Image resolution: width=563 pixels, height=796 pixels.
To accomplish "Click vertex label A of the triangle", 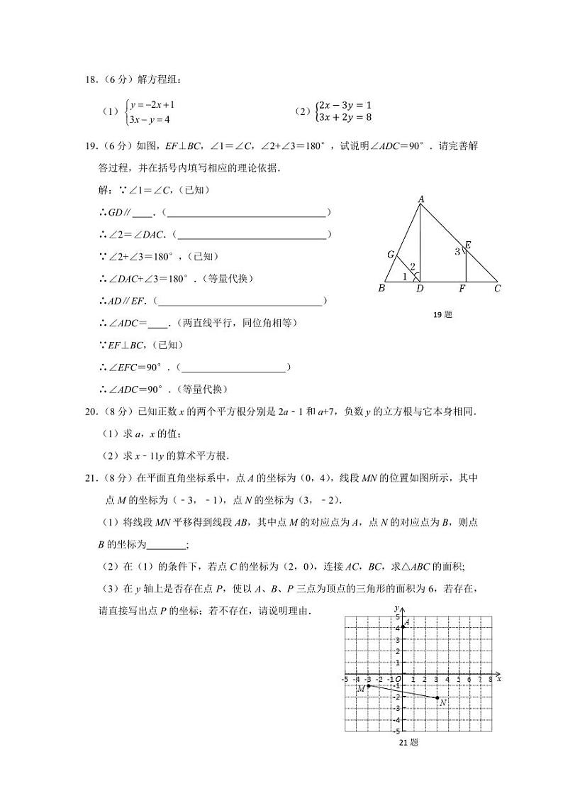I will pos(420,200).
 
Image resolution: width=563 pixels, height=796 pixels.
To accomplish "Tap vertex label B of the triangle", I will pos(381,289).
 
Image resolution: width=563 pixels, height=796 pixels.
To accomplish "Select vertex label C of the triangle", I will pos(498,289).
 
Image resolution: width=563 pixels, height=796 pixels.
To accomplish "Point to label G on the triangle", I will pos(390,255).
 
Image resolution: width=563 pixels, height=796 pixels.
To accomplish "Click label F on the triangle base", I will pos(462,289).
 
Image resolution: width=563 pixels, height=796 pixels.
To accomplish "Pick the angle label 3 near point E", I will pos(457,251).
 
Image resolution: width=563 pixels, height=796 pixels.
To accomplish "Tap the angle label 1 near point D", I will pos(405,277).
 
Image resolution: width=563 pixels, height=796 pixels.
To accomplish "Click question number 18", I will pos(90,80).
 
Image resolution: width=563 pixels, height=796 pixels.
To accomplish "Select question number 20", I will pos(90,411).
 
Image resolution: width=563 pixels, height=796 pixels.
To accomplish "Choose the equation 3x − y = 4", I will pos(150,120).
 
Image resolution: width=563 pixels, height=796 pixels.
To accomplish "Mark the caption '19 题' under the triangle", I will pos(442,314).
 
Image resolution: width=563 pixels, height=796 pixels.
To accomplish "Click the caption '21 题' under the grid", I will pos(408,743).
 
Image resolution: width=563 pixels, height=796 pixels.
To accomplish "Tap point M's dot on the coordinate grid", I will pos(368,685).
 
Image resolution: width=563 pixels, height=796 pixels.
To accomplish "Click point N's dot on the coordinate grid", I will pos(436,697).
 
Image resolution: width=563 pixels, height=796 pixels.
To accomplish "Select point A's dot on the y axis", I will pos(402,627).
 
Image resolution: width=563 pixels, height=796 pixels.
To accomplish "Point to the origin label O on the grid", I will pos(398,679).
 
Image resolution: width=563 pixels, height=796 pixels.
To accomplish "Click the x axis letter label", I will pos(499,679).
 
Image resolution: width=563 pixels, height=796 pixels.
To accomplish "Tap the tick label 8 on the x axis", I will pos(491,679).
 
